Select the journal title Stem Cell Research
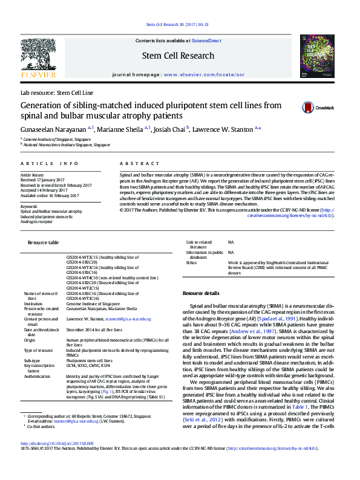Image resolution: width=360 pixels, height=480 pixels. click(177, 56)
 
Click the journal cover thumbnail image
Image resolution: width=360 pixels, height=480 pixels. click(318, 57)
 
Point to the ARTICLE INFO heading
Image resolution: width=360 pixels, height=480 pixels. click(50, 163)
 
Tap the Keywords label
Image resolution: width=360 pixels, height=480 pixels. click(29, 206)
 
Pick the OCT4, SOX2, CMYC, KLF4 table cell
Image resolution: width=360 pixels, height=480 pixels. click(88, 366)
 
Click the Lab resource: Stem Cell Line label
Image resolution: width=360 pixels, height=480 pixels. click(57, 93)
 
